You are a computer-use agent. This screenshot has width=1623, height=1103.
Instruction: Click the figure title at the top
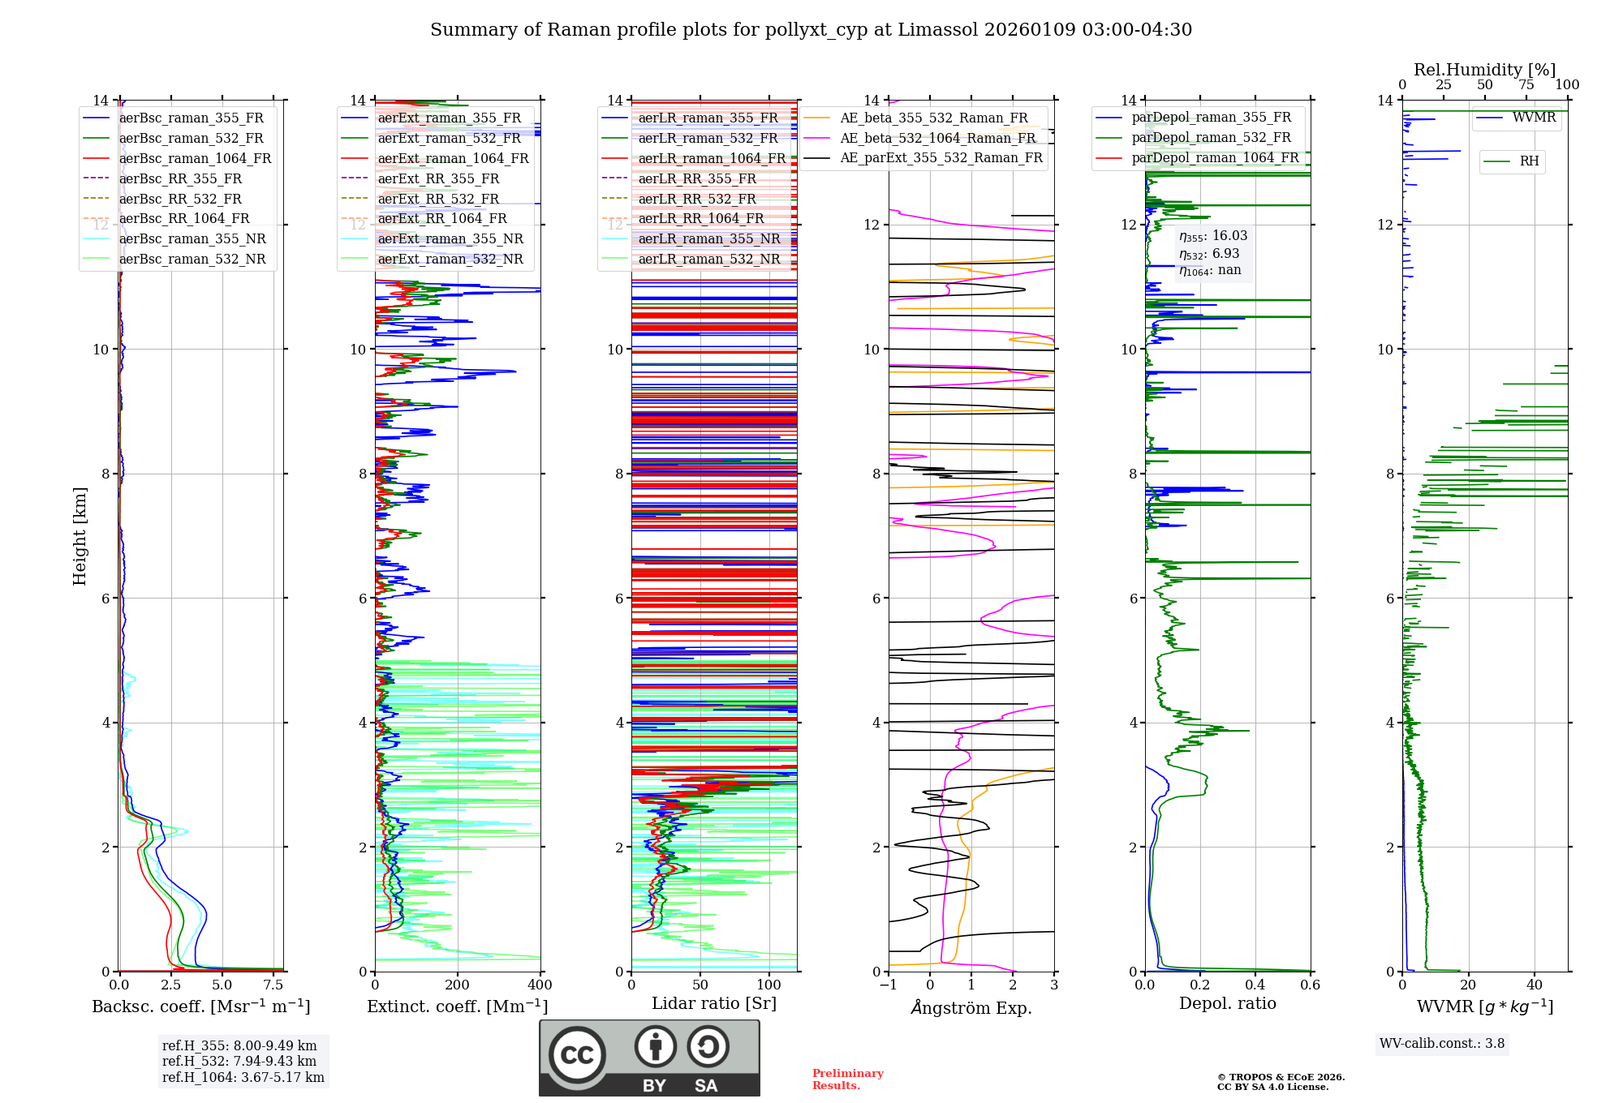click(811, 30)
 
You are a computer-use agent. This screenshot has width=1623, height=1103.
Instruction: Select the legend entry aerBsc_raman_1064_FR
click(195, 158)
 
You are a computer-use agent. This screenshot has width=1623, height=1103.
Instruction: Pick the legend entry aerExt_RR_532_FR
click(438, 199)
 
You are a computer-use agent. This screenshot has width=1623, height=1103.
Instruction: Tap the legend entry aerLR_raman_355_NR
click(708, 238)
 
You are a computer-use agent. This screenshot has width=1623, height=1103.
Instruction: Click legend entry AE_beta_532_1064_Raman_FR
click(937, 138)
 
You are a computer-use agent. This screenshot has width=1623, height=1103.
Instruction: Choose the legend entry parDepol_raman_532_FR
click(1211, 138)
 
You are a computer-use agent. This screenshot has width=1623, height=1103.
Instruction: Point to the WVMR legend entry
click(1533, 118)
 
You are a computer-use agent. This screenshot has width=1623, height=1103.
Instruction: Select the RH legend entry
click(1529, 161)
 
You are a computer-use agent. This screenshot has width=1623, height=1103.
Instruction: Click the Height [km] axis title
click(80, 535)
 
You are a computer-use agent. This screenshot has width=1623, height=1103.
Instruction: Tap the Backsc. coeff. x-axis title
click(200, 1006)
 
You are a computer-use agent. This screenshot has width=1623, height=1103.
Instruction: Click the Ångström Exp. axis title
click(971, 1007)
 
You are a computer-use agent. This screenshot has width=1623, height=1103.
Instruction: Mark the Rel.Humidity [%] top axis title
click(1484, 70)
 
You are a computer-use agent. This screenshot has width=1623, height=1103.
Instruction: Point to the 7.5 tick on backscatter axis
click(273, 985)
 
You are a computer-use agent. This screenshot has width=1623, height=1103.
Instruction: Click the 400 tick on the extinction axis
click(540, 985)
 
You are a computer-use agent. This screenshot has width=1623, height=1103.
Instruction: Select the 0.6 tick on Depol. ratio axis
click(1310, 985)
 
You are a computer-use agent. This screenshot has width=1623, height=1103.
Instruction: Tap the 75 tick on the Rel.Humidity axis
click(1526, 85)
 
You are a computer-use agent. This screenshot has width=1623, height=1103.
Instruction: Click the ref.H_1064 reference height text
click(243, 1077)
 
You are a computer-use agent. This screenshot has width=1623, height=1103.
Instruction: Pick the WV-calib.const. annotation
click(1441, 1043)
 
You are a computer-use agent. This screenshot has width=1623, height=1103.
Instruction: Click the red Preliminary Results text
click(847, 1079)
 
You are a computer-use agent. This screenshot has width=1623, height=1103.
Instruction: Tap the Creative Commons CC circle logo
click(577, 1055)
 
